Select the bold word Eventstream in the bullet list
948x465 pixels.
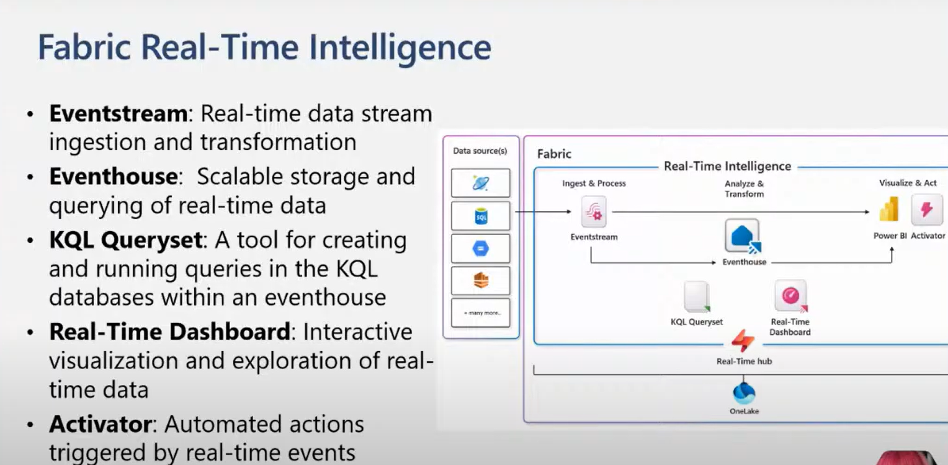coord(118,114)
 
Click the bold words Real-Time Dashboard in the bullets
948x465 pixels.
coord(169,332)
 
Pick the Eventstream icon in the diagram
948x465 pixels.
coord(594,212)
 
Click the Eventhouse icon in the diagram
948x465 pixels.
coord(743,236)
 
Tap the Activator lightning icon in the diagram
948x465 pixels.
coord(927,210)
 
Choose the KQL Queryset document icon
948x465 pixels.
coord(697,297)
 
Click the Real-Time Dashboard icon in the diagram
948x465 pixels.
coord(790,296)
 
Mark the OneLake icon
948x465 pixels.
coord(744,393)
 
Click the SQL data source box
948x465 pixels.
coord(481,216)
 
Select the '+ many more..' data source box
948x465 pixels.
coord(481,313)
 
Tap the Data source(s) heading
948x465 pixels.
coord(480,151)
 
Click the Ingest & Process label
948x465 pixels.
coord(594,184)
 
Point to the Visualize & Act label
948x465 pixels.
coord(908,183)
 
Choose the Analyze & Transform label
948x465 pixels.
coord(744,188)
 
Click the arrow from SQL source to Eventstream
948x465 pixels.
coord(543,212)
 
